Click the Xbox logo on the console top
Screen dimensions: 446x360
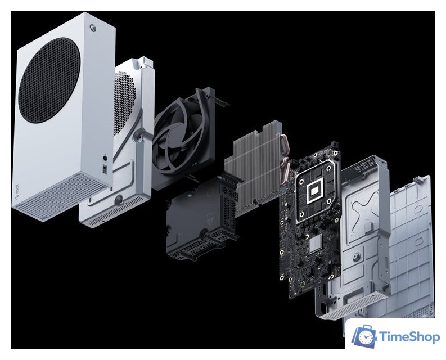pos(93,28)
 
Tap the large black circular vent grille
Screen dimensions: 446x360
pos(49,80)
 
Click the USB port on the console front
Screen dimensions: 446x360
pos(105,170)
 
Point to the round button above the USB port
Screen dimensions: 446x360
pos(106,157)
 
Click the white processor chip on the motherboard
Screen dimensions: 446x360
pos(314,191)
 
